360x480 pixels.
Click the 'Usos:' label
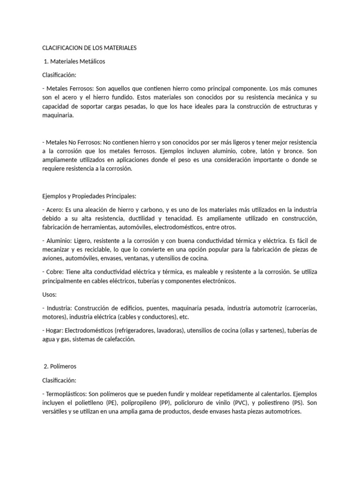[50, 295]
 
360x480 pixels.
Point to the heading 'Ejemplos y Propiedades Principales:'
[89, 196]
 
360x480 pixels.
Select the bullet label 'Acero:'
[57, 210]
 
